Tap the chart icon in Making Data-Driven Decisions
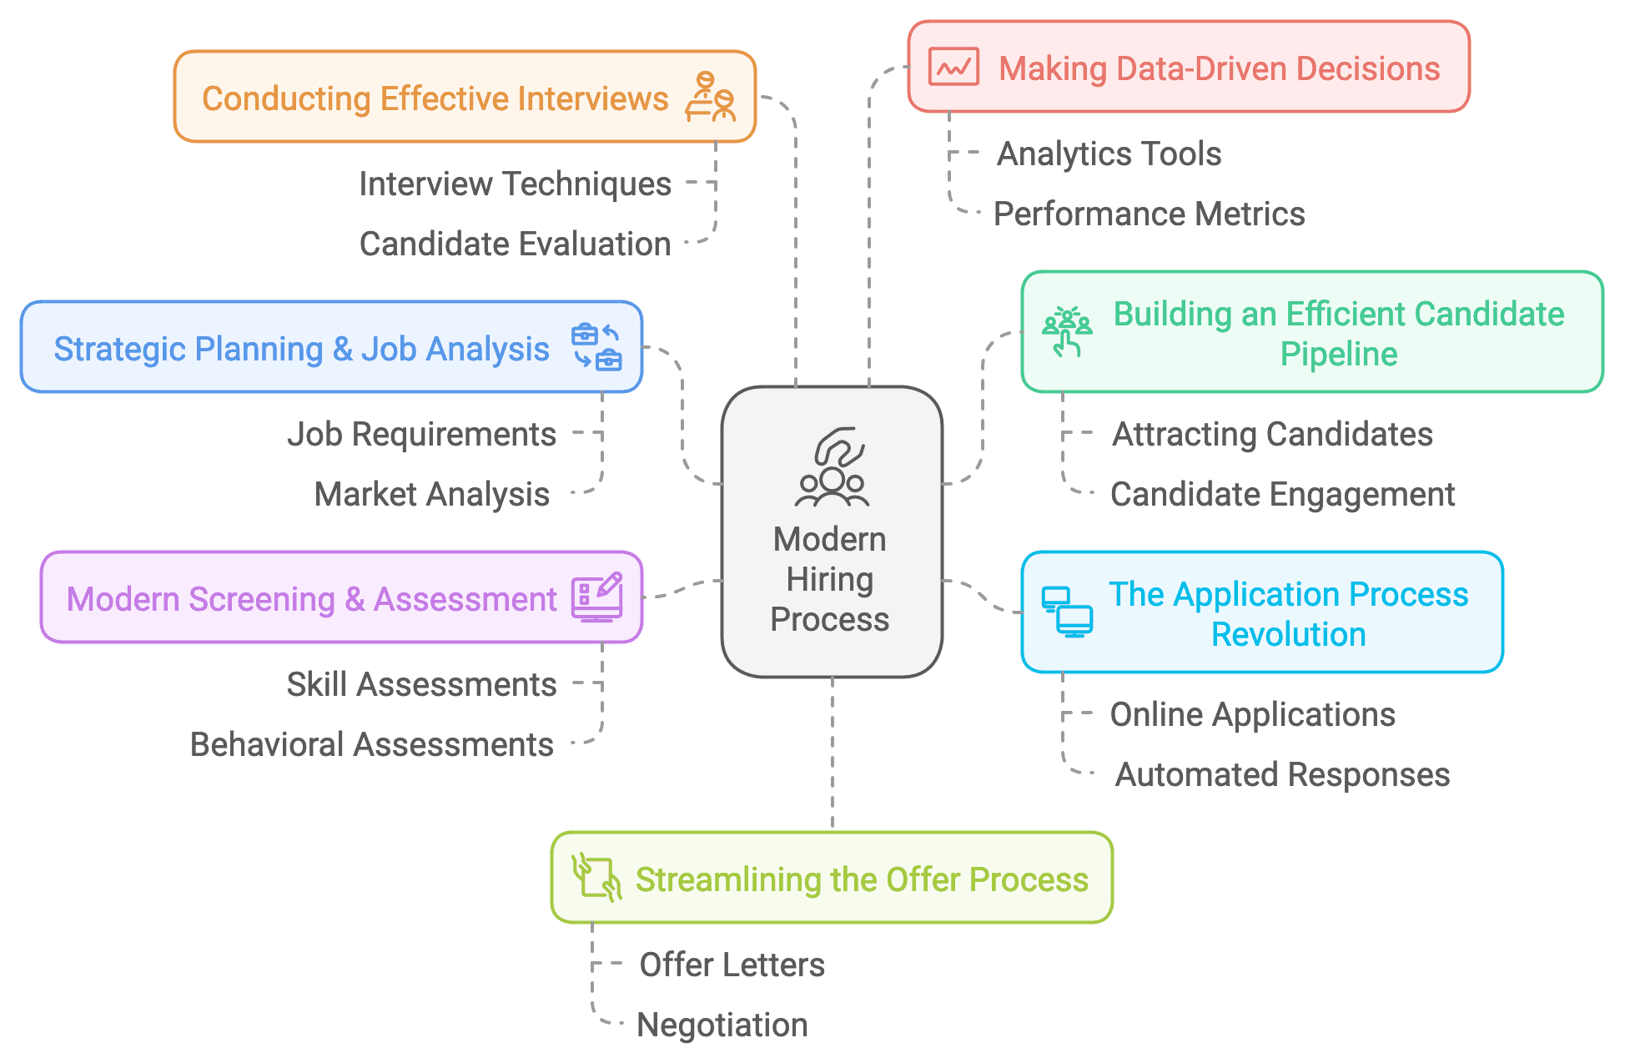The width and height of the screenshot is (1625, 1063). (x=953, y=68)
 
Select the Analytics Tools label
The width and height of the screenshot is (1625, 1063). (x=1109, y=154)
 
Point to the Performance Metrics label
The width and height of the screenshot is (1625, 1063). (x=1149, y=214)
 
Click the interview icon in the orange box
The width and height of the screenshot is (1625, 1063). (x=710, y=97)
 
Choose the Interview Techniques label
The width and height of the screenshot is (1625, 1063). (x=515, y=184)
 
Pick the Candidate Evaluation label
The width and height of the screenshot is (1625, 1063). (x=515, y=244)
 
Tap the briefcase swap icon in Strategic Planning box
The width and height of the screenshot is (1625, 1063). (x=596, y=347)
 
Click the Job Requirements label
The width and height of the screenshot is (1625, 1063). (x=421, y=435)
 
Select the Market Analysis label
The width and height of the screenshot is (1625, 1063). (x=431, y=495)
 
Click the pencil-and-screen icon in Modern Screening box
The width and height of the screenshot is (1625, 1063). (x=596, y=597)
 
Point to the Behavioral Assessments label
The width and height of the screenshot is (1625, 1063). (x=371, y=745)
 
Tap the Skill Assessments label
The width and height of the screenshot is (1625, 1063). (x=421, y=685)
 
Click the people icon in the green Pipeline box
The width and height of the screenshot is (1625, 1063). (x=1066, y=332)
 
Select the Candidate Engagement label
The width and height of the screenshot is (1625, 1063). (x=1282, y=495)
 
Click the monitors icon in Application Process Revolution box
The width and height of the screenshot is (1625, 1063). (x=1066, y=612)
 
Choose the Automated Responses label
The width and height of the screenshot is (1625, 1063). (x=1282, y=775)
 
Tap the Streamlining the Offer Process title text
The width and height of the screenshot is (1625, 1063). (x=862, y=880)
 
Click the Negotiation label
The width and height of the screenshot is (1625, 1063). (x=722, y=1025)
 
